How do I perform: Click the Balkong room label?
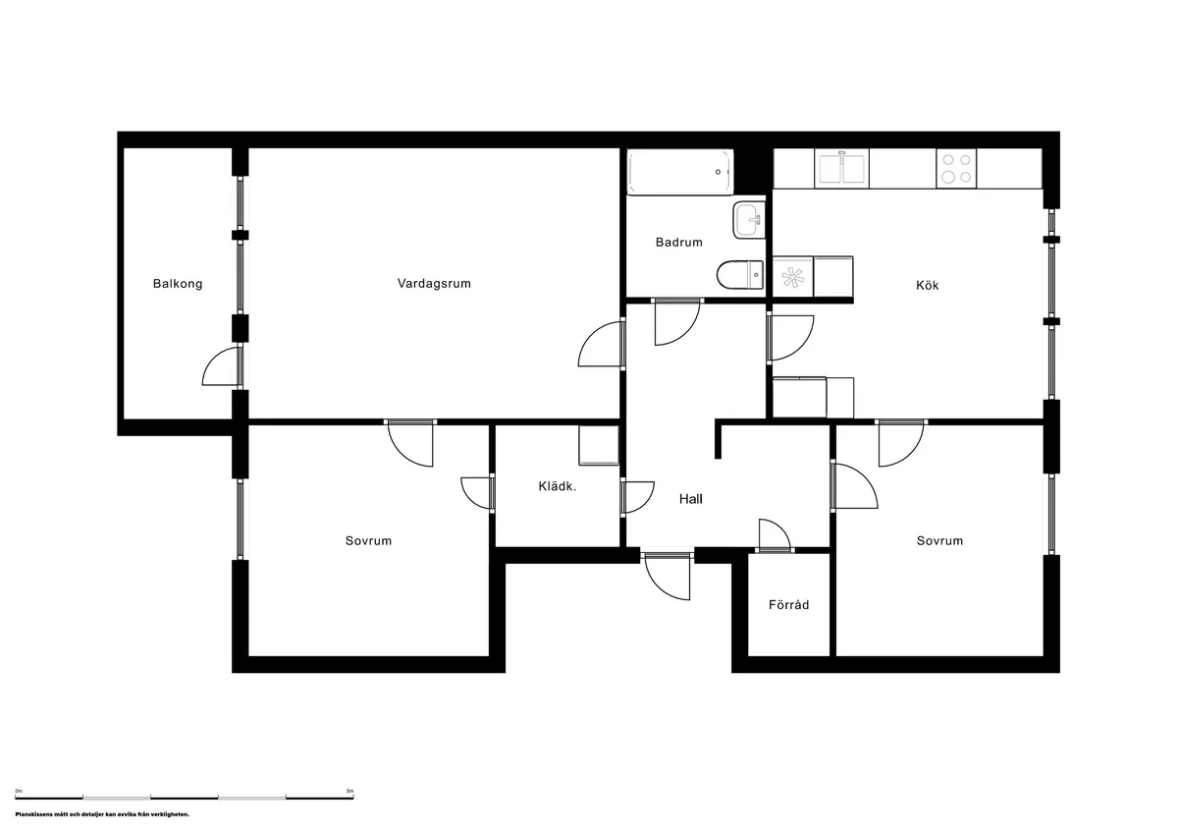pos(178,284)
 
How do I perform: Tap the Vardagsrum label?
pos(434,283)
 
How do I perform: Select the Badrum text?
pos(679,242)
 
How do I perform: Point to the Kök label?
pos(927,285)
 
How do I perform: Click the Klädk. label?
pos(556,486)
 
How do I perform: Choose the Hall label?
pos(691,498)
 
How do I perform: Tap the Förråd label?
pos(788,605)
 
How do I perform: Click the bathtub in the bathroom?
pos(680,172)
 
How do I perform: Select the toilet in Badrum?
pos(739,274)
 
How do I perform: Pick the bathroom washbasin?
pos(748,220)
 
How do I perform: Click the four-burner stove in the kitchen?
pos(955,168)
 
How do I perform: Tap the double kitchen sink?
pos(842,168)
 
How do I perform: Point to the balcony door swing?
pos(222,367)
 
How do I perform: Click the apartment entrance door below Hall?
pos(669,577)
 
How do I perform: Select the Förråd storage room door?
pos(775,534)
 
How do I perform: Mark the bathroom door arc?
pos(676,321)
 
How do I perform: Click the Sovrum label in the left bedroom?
pos(368,540)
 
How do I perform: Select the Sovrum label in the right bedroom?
pos(939,540)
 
